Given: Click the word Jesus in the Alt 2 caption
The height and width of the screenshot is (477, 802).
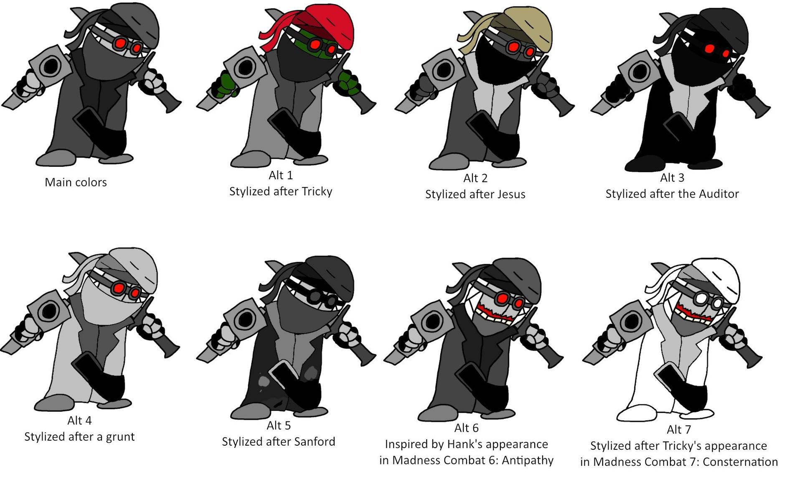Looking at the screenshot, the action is pyautogui.click(x=511, y=194).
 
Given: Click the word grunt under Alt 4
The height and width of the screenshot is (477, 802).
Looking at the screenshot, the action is pyautogui.click(x=120, y=437).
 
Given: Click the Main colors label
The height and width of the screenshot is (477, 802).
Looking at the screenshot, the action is pyautogui.click(x=76, y=182).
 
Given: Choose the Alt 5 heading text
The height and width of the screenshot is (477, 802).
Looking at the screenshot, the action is pyautogui.click(x=279, y=426).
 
